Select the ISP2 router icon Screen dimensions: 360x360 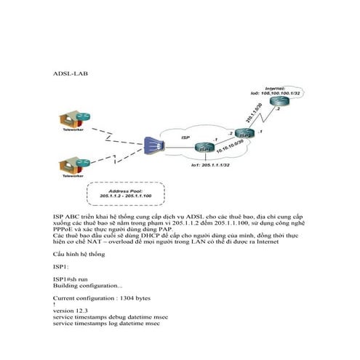pyautogui.click(x=244, y=134)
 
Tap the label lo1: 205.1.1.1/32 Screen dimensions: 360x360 pyautogui.click(x=207, y=167)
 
